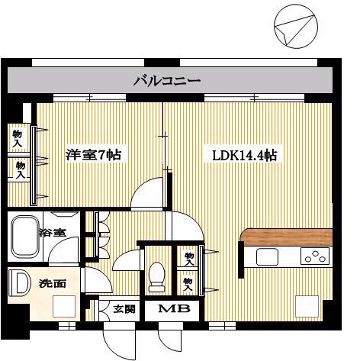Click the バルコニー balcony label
pyautogui.click(x=167, y=81)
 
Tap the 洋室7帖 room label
pyautogui.click(x=93, y=154)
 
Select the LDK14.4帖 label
pyautogui.click(x=244, y=155)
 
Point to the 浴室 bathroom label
pyautogui.click(x=53, y=232)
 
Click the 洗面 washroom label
pyautogui.click(x=53, y=284)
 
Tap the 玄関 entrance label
pyautogui.click(x=124, y=309)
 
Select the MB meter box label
pyautogui.click(x=174, y=308)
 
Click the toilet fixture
pyautogui.click(x=156, y=277)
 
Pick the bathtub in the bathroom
pyautogui.click(x=25, y=237)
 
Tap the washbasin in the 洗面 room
pyautogui.click(x=19, y=282)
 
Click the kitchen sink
pyautogui.click(x=267, y=256)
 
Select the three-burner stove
pyautogui.click(x=315, y=256)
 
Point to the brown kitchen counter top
pyautogui.click(x=286, y=237)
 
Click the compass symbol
pyautogui.click(x=296, y=27)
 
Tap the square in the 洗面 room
pyautogui.click(x=64, y=306)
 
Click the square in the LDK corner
pyautogui.click(x=307, y=306)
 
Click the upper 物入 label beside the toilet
pyautogui.click(x=189, y=259)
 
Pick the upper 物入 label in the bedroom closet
pyautogui.click(x=18, y=139)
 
